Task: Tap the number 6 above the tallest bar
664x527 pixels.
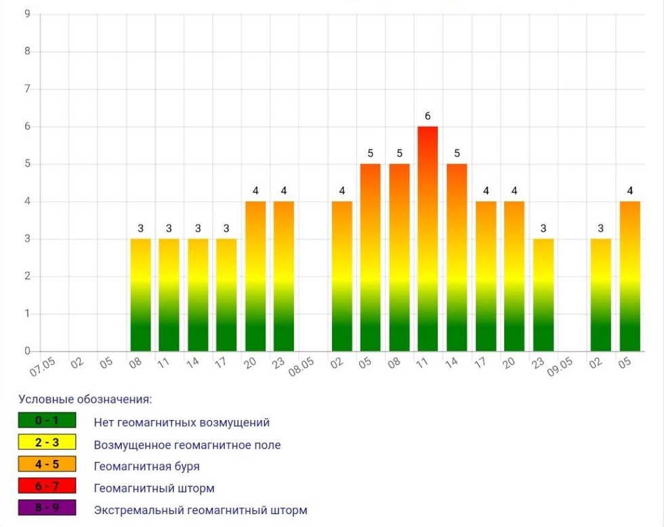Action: pos(428,116)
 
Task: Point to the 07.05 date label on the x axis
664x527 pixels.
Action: pos(43,366)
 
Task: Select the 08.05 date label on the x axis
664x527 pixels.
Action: pos(302,366)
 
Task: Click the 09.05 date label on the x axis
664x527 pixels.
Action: pos(561,366)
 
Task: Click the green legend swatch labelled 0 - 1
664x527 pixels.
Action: pos(47,421)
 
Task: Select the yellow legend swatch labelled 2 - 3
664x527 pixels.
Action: pos(47,443)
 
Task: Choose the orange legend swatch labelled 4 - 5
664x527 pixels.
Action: pos(47,465)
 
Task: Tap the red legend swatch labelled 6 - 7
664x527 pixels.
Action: pos(47,487)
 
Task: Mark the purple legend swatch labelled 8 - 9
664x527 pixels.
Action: pos(47,509)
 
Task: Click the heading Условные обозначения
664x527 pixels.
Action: pos(85,399)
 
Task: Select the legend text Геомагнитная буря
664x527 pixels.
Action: pos(147,467)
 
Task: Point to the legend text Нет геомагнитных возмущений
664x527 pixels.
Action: pos(182,423)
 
